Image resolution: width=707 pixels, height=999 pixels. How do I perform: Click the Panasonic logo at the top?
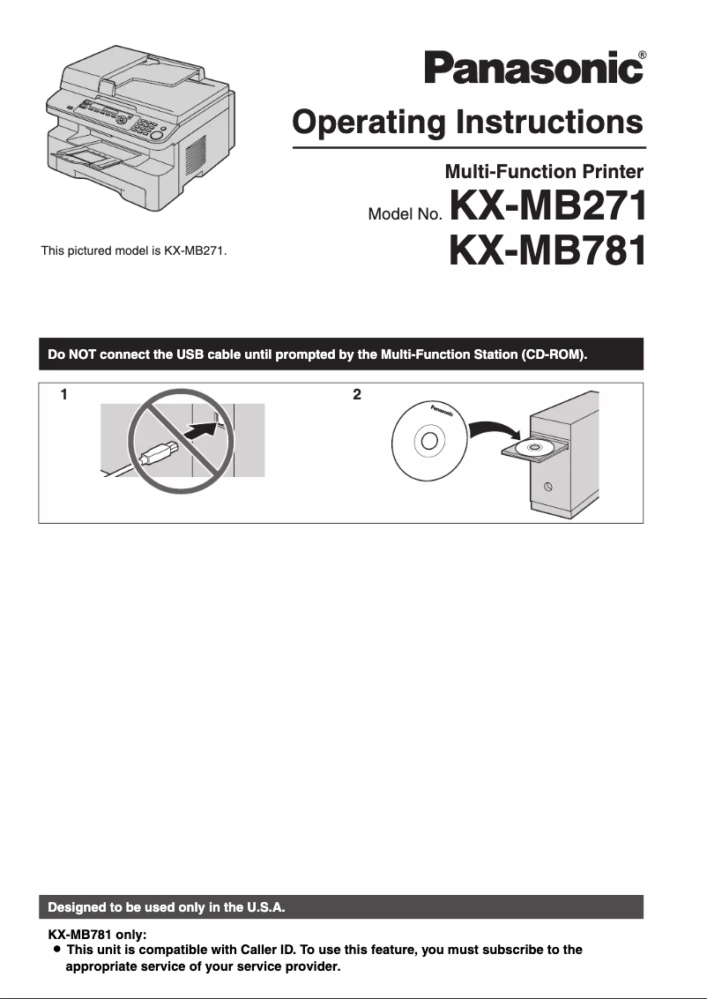533,68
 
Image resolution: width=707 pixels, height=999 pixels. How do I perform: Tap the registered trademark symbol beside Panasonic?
642,55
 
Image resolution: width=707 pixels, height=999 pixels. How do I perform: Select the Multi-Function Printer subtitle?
544,171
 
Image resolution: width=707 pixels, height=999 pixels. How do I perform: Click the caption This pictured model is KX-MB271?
134,251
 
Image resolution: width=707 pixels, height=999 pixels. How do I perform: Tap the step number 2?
356,395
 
